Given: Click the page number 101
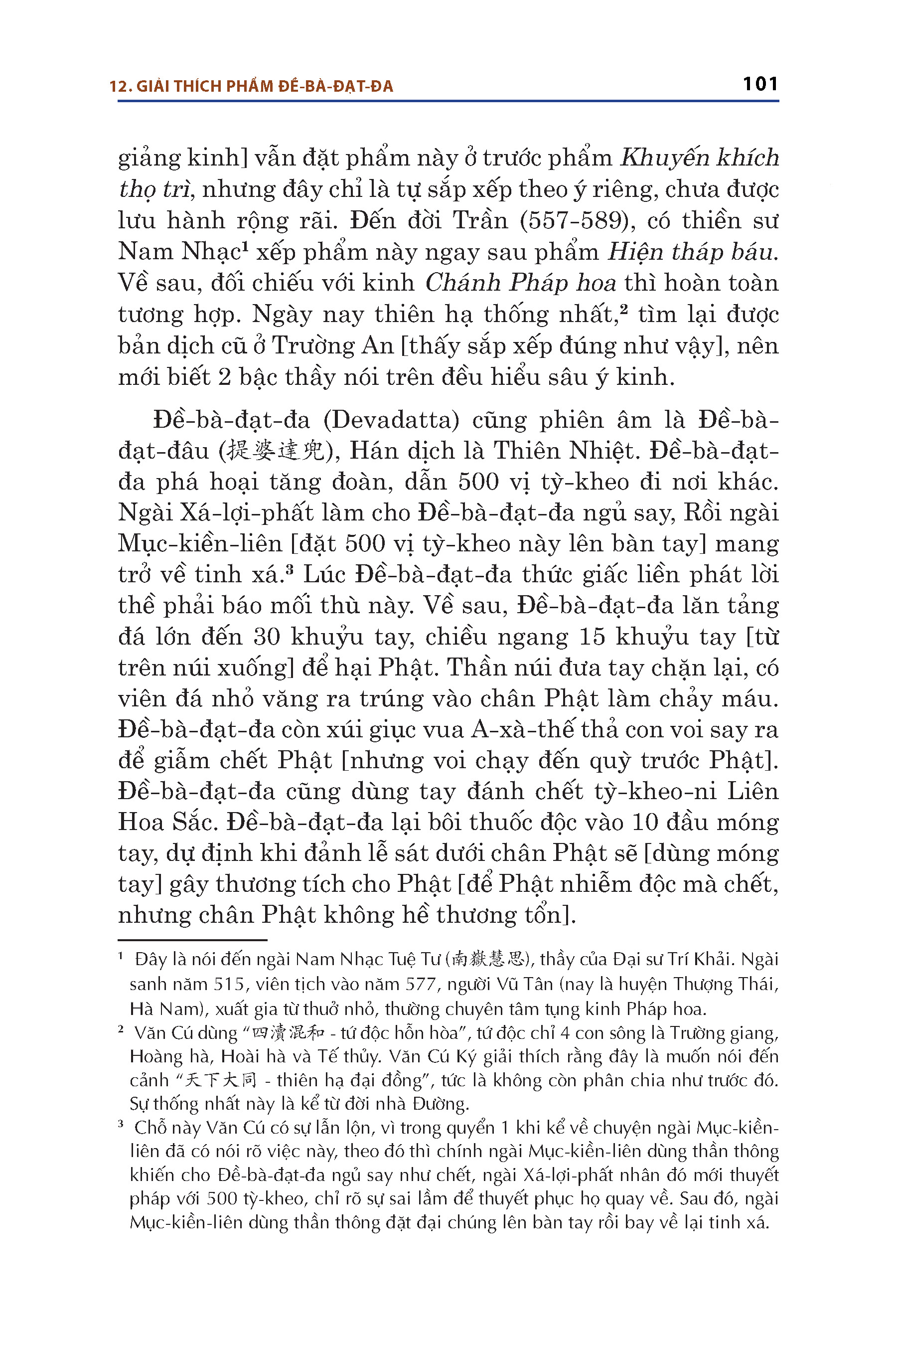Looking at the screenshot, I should coord(760,84).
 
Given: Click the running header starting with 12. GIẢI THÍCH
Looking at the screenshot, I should coord(251,86).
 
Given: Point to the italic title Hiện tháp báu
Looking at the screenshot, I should coord(692,252).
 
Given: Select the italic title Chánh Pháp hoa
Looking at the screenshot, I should coord(521,283).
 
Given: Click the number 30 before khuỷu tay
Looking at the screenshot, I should coord(267,637).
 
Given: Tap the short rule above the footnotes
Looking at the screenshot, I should coord(192,940).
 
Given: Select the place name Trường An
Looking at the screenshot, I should coord(332,345).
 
